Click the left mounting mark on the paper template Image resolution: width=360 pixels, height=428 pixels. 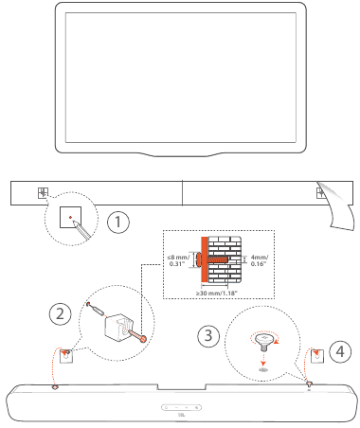42,193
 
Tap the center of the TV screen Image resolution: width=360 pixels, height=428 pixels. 180,73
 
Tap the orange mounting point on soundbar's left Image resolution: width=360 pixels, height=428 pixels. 55,386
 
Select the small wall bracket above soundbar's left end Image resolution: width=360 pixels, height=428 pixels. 65,356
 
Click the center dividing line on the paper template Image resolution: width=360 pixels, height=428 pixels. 180,193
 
